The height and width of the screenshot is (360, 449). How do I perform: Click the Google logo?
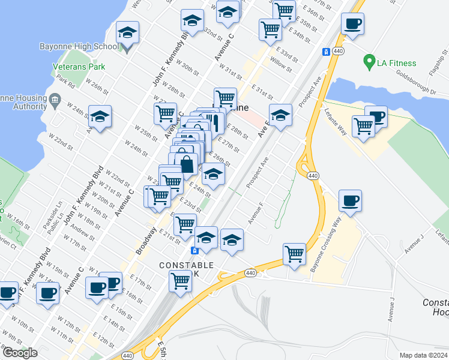pyautogui.click(x=20, y=353)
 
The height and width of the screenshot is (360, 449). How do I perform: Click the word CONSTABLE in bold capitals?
pyautogui.click(x=186, y=265)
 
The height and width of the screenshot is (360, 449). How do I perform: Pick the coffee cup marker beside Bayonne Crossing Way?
pyautogui.click(x=350, y=202)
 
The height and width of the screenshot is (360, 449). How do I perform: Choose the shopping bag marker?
pyautogui.click(x=187, y=164)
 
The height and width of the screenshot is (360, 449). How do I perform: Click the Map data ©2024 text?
pyautogui.click(x=423, y=355)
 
